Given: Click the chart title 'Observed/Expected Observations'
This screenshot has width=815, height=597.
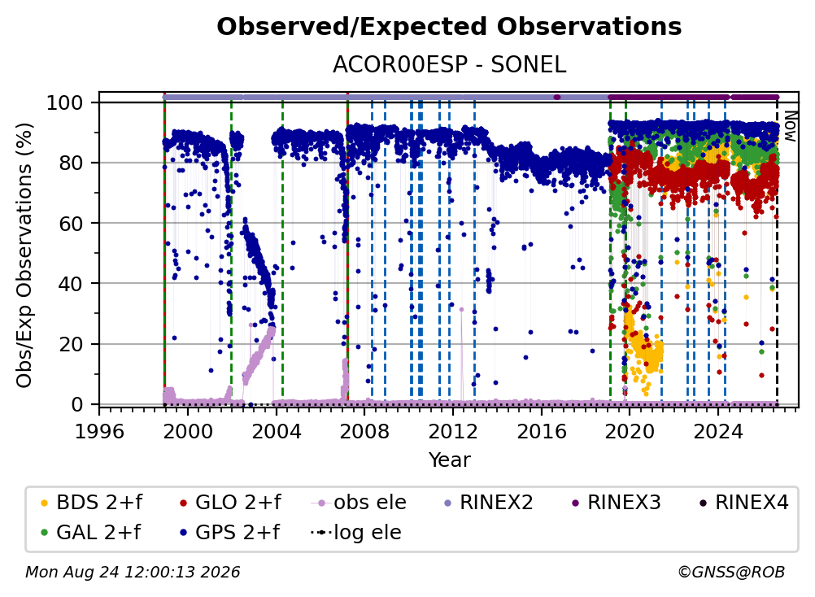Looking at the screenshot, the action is (449, 27).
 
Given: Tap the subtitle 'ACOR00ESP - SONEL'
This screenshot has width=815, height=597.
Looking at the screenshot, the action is (449, 65).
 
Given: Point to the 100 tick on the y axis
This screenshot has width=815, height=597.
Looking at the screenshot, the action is (64, 102).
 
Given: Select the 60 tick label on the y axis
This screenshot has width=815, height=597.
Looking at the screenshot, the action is (71, 224).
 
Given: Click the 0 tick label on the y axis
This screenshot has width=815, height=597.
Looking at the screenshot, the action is (77, 404).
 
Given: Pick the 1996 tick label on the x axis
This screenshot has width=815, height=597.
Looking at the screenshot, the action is (99, 431).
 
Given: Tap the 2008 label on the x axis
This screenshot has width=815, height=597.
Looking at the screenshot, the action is (364, 431).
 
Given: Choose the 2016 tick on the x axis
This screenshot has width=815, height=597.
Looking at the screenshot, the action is (541, 431).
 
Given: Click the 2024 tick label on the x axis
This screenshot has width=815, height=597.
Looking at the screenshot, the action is (718, 431).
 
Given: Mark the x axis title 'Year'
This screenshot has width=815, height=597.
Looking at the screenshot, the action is (449, 460).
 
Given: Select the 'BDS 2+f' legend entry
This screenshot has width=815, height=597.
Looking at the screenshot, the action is (91, 503).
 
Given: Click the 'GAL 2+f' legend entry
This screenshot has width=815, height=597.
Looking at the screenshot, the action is (91, 533).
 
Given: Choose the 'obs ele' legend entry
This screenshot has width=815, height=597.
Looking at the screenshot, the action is (359, 503).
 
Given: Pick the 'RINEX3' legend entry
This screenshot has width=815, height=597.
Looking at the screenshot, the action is (616, 503).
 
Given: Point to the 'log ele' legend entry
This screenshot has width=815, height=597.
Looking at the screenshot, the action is (356, 533).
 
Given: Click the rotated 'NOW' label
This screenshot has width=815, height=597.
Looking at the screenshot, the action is (790, 126).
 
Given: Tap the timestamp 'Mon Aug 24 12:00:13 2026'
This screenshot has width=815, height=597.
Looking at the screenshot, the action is (133, 572).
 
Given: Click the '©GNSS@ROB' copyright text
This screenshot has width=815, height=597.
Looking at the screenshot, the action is (731, 572).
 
